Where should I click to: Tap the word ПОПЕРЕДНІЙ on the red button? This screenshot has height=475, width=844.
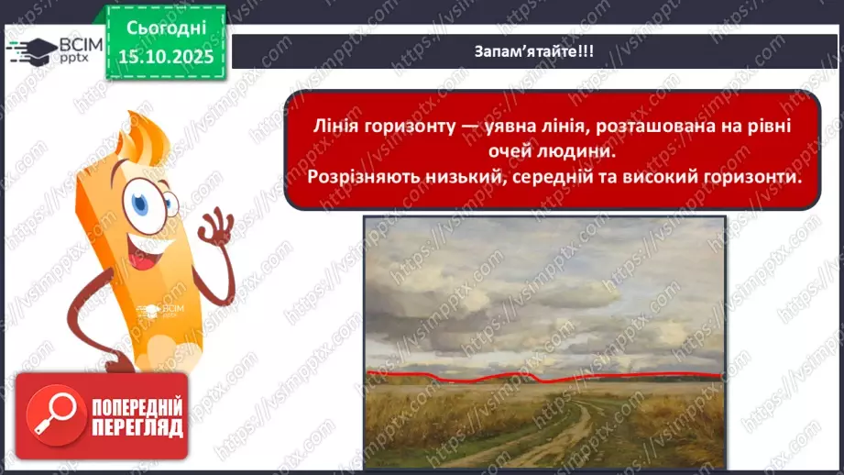point(135,406)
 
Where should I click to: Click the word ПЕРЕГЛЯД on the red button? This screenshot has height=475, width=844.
point(135,427)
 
